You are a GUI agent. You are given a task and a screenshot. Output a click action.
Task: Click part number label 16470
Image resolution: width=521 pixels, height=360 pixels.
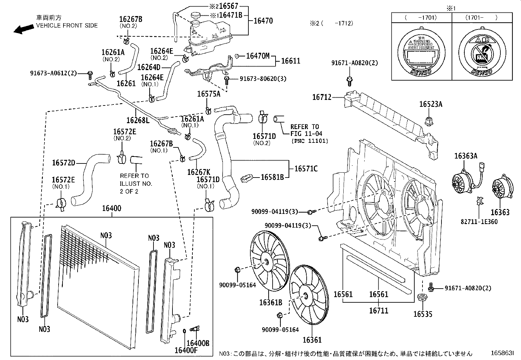(263, 21)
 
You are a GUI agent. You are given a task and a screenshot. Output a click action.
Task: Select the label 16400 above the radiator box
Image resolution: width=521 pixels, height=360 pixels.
(111, 209)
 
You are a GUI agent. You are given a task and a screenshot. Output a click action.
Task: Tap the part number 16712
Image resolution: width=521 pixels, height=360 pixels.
(322, 97)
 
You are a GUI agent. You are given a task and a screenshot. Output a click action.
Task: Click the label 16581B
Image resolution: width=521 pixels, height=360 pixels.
(272, 177)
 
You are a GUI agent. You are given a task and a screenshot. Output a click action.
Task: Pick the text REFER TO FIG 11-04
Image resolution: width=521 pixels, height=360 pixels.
(306, 130)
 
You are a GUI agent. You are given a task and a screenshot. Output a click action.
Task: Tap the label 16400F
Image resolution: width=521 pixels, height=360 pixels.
(186, 351)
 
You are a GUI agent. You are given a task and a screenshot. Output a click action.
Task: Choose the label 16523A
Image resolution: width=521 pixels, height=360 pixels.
(431, 104)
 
